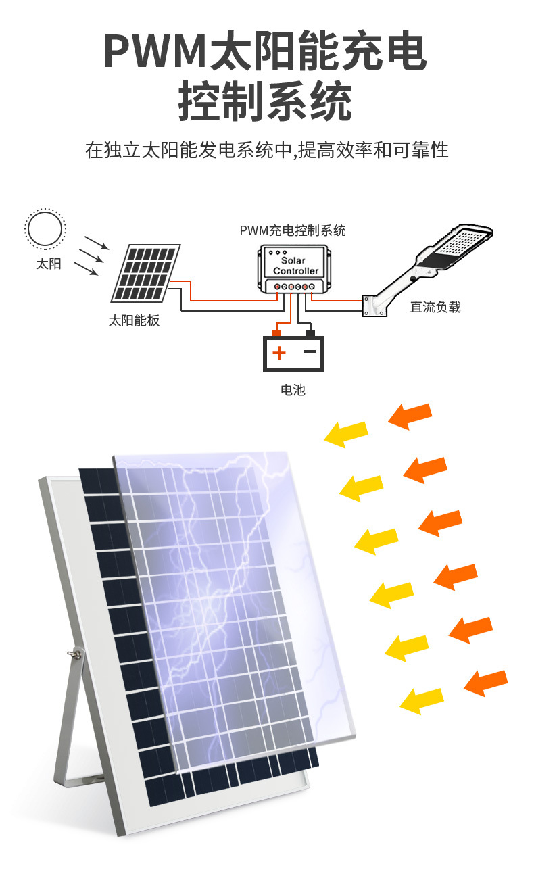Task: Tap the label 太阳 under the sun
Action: pos(49,264)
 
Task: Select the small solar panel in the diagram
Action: pos(146,273)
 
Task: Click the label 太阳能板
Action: pos(135,320)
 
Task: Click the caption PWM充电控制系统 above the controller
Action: pos(292,230)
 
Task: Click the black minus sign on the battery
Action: pos(310,351)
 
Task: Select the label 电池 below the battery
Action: pos(293,390)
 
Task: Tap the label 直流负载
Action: pos(435,307)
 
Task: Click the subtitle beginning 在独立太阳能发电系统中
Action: pos(266,149)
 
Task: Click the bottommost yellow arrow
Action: pos(421,700)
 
